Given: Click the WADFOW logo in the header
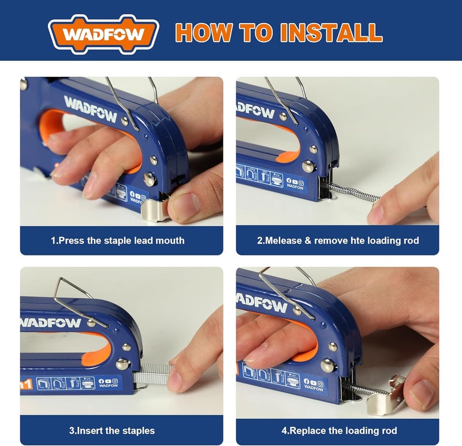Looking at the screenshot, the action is click(103, 34).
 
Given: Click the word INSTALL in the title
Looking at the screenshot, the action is click(331, 32).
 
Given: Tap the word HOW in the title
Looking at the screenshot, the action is click(204, 32).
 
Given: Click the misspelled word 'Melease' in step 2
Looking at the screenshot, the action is click(283, 241).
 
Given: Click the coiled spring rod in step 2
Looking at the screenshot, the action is click(351, 192).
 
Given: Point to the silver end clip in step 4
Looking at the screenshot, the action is click(385, 395).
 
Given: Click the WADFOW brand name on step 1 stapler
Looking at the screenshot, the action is click(91, 109).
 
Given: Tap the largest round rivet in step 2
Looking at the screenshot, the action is click(308, 167).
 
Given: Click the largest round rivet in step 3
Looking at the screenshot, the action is click(122, 364).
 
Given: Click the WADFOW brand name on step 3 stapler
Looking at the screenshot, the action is click(51, 323).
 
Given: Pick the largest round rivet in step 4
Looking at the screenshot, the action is click(327, 365).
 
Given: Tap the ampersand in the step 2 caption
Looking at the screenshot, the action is click(308, 241).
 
